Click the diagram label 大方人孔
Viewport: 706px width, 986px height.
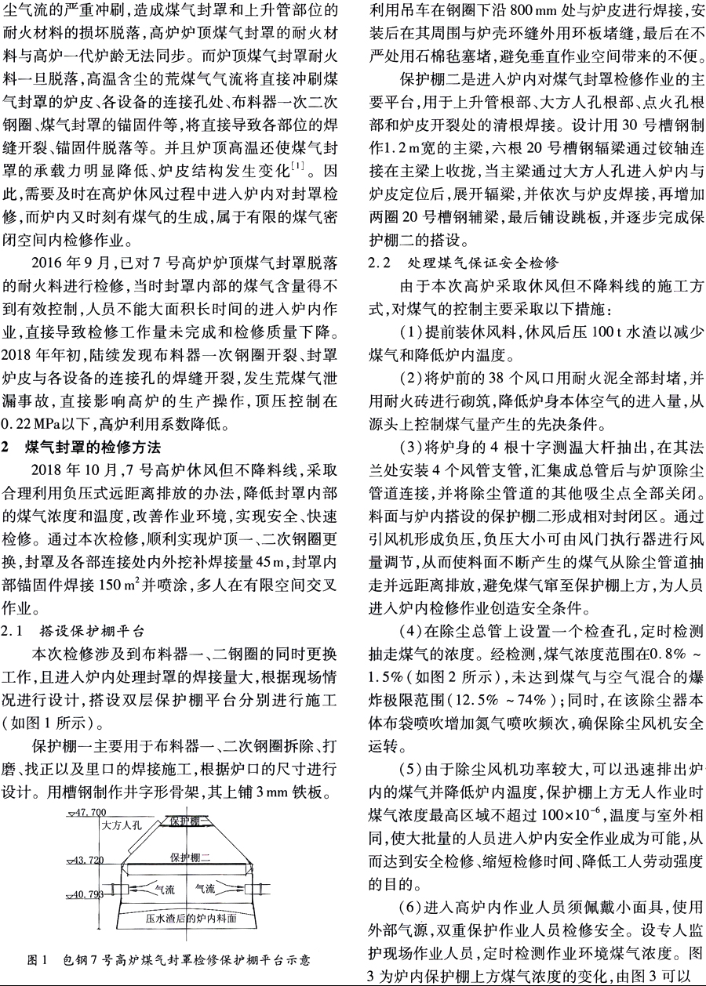pyautogui.click(x=121, y=825)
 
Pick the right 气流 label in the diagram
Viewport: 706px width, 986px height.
pyautogui.click(x=206, y=890)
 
